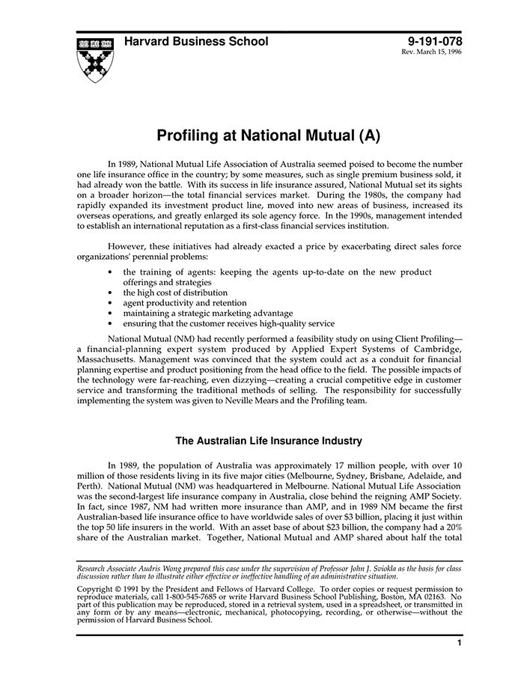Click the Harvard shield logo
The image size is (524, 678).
(x=96, y=58)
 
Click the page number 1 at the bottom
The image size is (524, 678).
(x=458, y=643)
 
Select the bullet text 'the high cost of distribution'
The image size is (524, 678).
(x=175, y=293)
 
